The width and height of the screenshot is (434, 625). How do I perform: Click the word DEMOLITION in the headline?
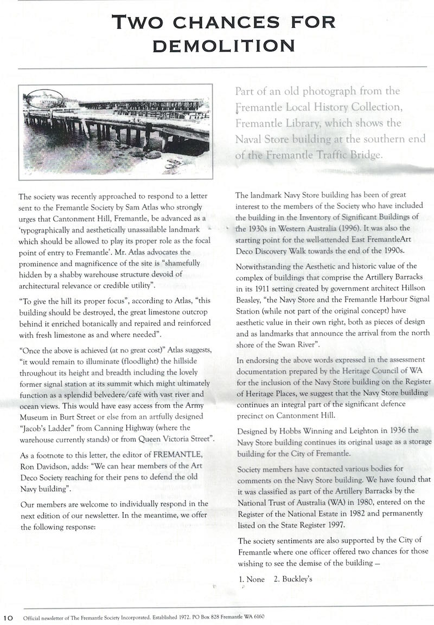click(224, 46)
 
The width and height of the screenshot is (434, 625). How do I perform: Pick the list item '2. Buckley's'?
click(293, 579)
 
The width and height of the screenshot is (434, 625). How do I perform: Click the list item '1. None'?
click(252, 579)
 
